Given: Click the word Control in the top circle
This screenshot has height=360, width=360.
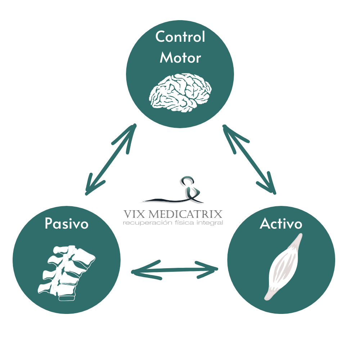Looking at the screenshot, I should (180, 37).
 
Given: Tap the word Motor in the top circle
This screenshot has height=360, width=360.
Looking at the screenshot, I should (180, 58).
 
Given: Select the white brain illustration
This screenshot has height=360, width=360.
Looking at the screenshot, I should (180, 92).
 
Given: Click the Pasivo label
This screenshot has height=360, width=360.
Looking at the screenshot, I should (67, 224).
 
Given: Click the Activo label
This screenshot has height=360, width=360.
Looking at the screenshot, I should (281, 224).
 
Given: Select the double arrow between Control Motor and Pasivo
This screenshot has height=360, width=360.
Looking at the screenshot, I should (111, 159).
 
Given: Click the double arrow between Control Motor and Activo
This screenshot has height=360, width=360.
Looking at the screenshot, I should (249, 159).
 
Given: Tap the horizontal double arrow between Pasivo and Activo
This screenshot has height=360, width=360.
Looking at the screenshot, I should (175, 270).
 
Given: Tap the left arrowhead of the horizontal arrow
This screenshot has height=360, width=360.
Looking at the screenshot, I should (139, 271).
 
